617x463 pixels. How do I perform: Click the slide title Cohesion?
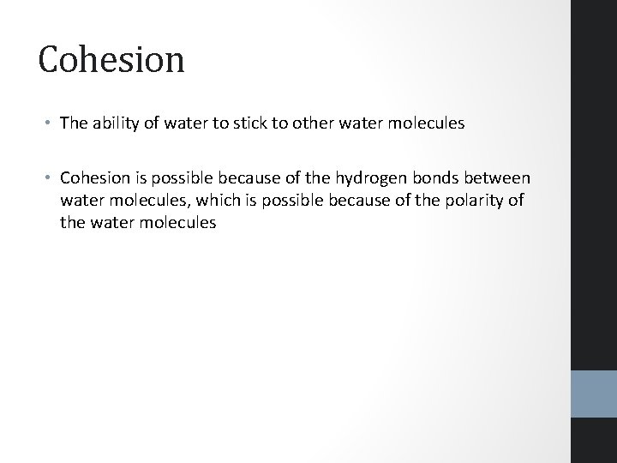click(x=111, y=60)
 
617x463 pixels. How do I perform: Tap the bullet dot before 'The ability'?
click(x=50, y=123)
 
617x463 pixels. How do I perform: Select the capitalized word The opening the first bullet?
click(x=75, y=123)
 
